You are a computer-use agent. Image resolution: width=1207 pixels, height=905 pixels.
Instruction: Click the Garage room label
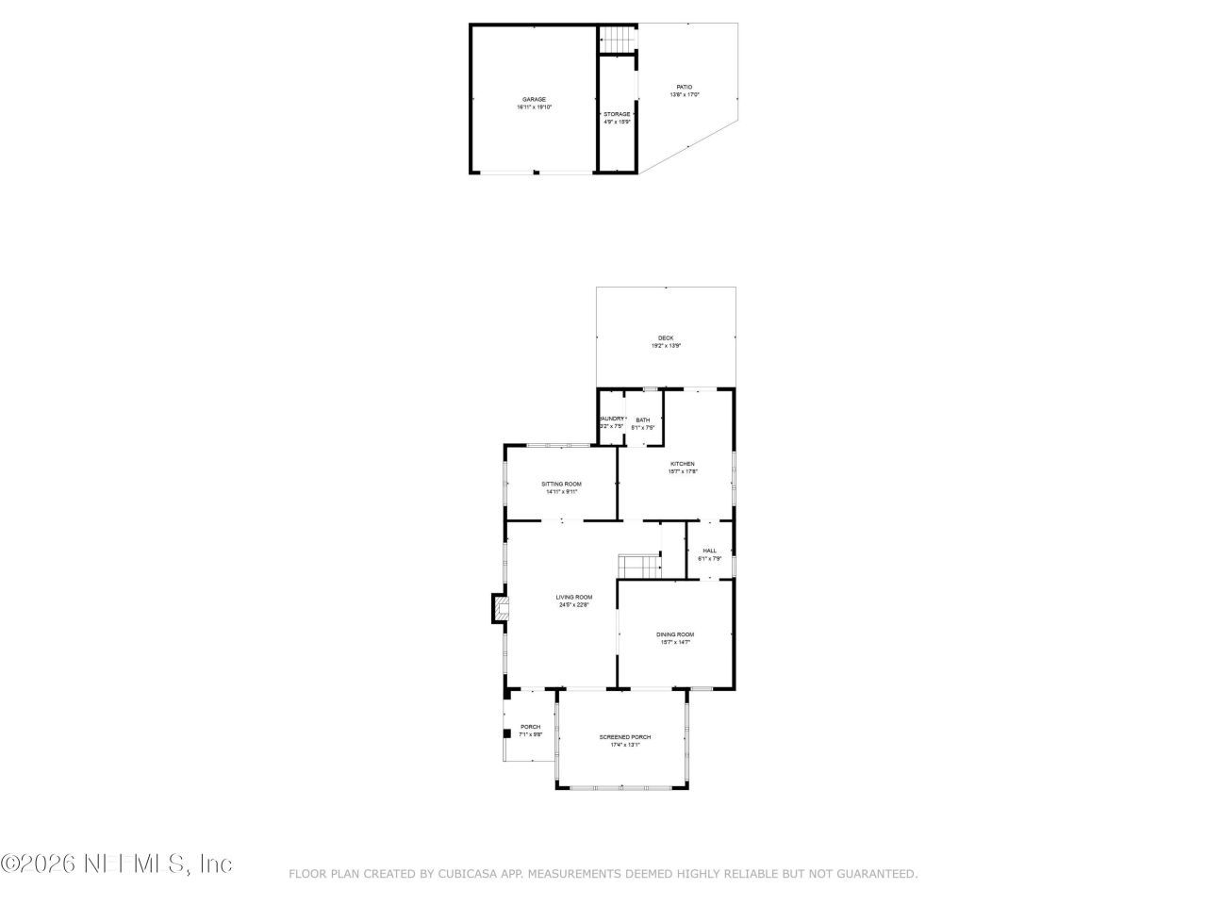point(534,99)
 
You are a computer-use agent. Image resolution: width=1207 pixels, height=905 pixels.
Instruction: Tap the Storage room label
point(617,114)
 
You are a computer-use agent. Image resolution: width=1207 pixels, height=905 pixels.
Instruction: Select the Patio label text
point(684,87)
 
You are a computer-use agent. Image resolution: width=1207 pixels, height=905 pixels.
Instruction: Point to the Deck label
point(666,338)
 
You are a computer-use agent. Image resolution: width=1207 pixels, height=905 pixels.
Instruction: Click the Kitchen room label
point(682,464)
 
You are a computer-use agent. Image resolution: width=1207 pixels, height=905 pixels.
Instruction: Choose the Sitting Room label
point(561,484)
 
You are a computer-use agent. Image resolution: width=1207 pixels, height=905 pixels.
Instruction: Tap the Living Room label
point(573,597)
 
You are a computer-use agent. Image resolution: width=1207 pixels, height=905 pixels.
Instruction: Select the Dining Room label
point(675,634)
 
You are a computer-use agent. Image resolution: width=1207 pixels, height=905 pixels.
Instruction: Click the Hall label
point(709,551)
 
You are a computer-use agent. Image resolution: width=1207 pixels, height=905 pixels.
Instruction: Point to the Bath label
point(642,420)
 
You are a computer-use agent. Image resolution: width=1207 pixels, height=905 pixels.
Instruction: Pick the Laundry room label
point(611,419)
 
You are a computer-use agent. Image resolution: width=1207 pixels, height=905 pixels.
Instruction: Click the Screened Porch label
point(625,737)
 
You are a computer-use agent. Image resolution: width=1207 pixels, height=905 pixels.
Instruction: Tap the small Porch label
point(531,727)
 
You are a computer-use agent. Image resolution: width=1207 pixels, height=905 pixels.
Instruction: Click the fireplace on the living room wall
point(498,608)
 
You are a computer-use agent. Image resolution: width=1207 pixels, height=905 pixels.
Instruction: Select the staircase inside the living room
point(638,566)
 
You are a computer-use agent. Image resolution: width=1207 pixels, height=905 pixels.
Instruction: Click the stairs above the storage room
point(617,41)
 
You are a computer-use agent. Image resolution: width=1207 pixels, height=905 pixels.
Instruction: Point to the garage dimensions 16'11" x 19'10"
point(534,107)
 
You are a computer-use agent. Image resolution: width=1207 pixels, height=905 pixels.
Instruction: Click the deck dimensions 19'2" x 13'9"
point(666,346)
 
